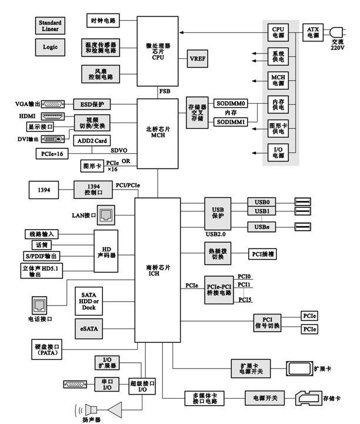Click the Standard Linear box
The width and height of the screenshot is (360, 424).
tap(50, 25)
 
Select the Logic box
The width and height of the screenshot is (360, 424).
tap(50, 45)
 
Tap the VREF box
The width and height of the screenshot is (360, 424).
tap(196, 59)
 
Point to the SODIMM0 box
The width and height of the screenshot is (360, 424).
tap(230, 103)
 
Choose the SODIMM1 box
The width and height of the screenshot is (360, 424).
tap(230, 121)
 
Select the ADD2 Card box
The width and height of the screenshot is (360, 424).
tap(92, 141)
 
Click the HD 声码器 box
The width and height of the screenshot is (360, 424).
tap(106, 251)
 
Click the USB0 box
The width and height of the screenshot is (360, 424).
tap(262, 202)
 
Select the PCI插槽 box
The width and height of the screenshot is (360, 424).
tap(262, 254)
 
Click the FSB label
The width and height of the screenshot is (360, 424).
tap(165, 91)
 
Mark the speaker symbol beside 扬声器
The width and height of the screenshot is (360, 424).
tap(91, 408)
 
